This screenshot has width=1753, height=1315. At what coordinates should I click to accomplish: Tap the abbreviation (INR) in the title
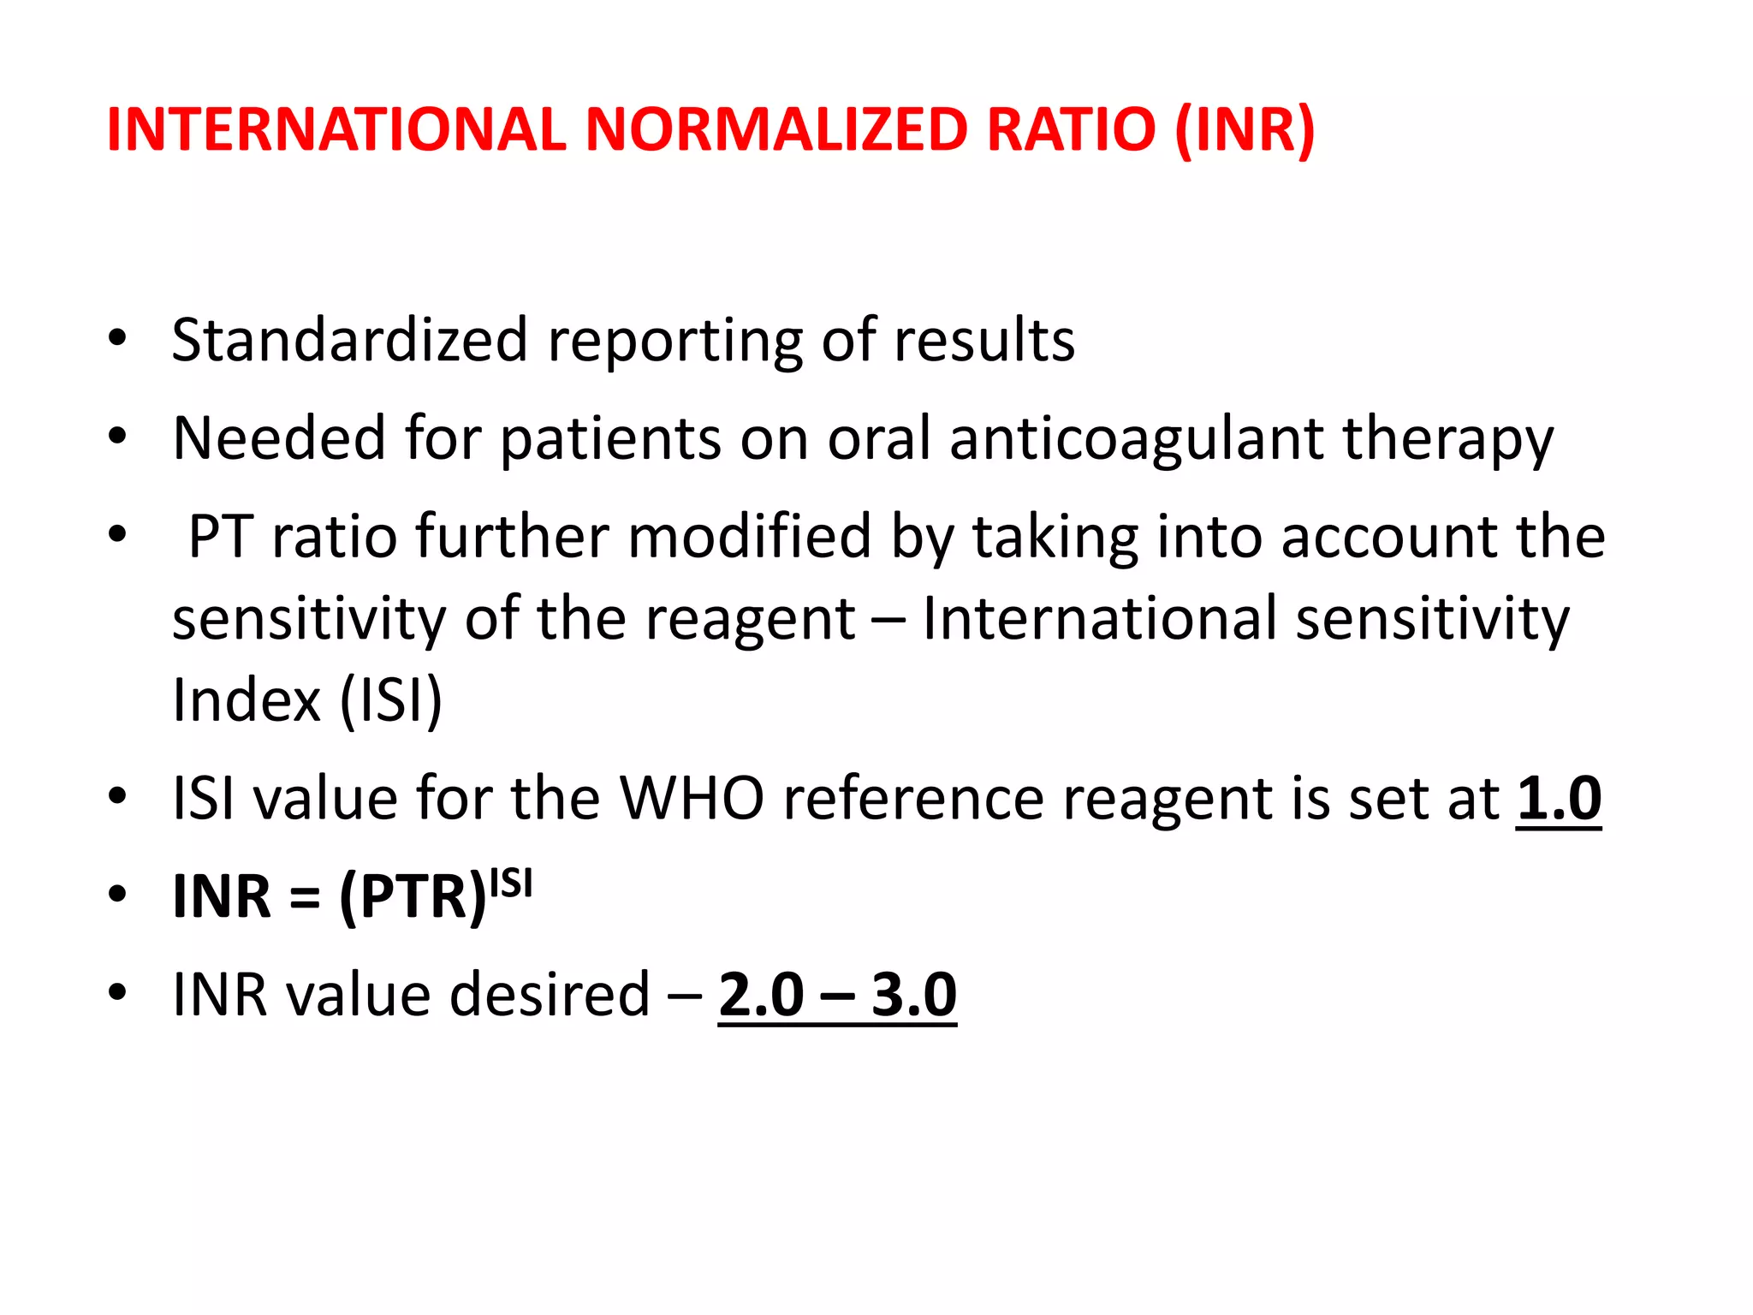pos(1245,130)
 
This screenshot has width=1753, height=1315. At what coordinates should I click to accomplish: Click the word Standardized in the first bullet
pos(349,340)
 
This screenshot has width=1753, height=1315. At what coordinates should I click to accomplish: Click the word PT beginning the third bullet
pos(220,537)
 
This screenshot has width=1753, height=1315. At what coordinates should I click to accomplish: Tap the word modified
pos(749,537)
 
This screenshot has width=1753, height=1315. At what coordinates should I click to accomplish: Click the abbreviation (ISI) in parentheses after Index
pos(391,700)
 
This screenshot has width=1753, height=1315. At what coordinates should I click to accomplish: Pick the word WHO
pos(691,798)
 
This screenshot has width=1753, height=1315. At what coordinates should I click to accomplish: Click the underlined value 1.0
pos(1558,798)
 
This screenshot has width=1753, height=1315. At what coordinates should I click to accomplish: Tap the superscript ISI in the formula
pos(511,882)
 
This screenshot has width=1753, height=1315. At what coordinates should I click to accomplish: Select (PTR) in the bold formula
pos(413,897)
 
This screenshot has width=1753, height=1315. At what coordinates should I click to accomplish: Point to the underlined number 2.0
pos(761,995)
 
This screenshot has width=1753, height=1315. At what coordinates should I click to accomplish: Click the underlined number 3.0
pos(913,995)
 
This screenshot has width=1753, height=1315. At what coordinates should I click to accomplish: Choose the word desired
pos(550,995)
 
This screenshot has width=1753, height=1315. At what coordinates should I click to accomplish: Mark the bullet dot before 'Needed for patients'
pos(117,437)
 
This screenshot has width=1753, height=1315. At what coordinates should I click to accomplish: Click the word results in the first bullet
pos(984,340)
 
